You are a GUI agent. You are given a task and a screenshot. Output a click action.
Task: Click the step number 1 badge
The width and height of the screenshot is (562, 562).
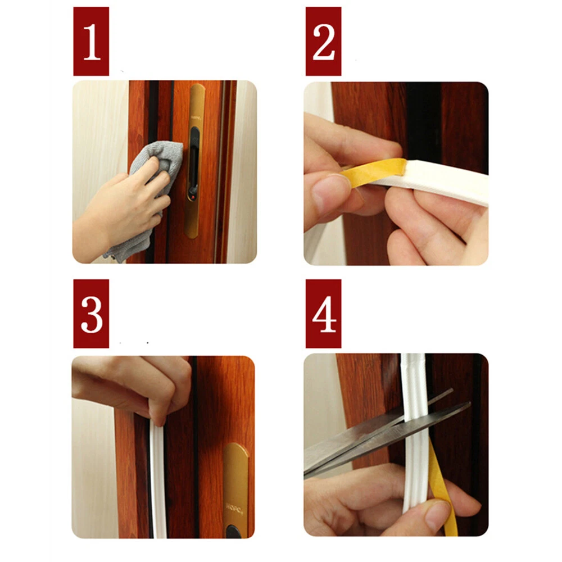(91, 41)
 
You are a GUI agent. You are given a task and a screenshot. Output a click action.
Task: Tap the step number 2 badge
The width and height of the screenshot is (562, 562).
(323, 41)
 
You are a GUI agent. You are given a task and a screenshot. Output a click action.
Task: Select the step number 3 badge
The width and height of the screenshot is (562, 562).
(91, 314)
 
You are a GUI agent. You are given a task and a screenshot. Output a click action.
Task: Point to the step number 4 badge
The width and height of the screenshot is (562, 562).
(323, 314)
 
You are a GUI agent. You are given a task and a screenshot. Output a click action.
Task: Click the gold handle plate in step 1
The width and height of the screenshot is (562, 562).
(194, 161)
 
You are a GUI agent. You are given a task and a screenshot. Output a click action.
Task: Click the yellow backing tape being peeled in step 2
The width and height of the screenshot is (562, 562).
(373, 172)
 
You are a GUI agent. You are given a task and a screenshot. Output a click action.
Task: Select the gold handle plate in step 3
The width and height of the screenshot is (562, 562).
(236, 491)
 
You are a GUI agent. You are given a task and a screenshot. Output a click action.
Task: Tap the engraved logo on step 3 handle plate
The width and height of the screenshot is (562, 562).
(235, 507)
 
